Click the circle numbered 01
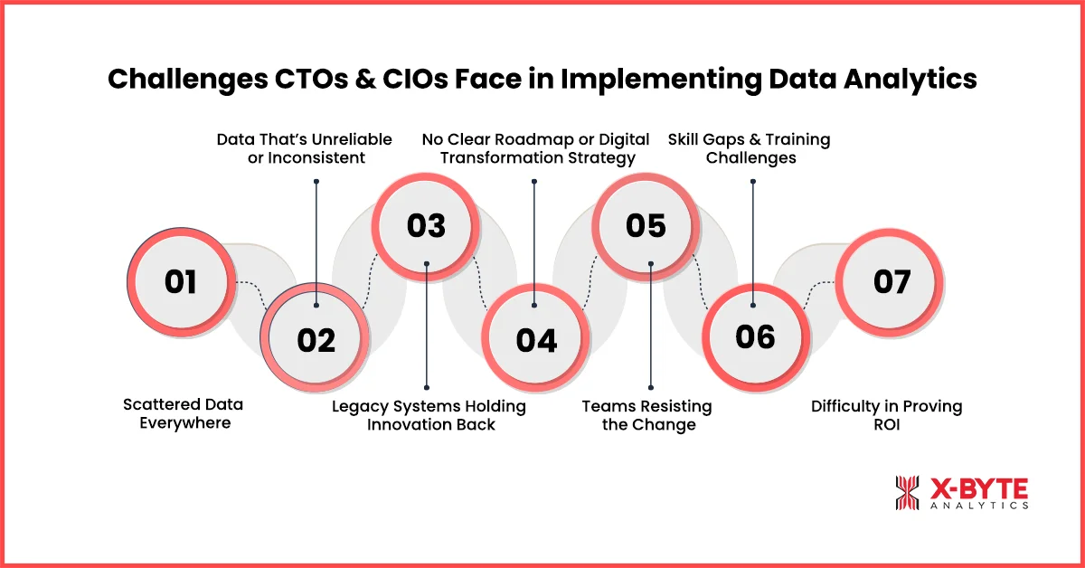[181, 282]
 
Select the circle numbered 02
[316, 339]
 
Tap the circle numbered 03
[426, 225]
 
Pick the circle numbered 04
[536, 339]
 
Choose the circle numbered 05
[646, 225]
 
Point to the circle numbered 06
[755, 336]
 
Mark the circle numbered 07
[891, 282]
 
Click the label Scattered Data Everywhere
[184, 413]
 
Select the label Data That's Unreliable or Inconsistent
[304, 148]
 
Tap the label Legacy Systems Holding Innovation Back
[429, 415]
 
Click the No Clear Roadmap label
[535, 148]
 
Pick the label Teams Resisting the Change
[647, 415]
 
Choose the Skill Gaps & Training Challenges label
[749, 148]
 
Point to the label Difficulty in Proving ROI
[886, 415]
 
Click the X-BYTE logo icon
[907, 493]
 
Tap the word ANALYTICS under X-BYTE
[979, 506]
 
